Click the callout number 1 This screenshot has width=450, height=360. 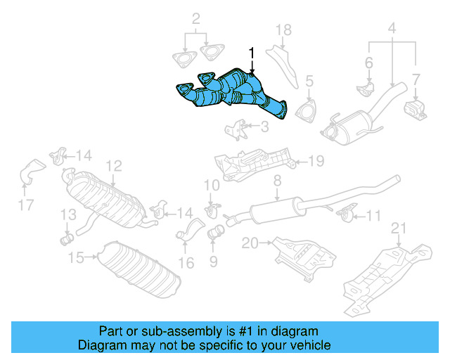pyautogui.click(x=252, y=52)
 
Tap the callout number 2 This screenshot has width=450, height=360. pyautogui.click(x=196, y=18)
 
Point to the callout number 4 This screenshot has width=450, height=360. pyautogui.click(x=392, y=29)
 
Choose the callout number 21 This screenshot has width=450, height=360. pyautogui.click(x=399, y=227)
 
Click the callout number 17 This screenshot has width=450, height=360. pyautogui.click(x=26, y=206)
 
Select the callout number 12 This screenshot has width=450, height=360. pyautogui.click(x=114, y=166)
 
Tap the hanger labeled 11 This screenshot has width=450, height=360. pyautogui.click(x=345, y=212)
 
